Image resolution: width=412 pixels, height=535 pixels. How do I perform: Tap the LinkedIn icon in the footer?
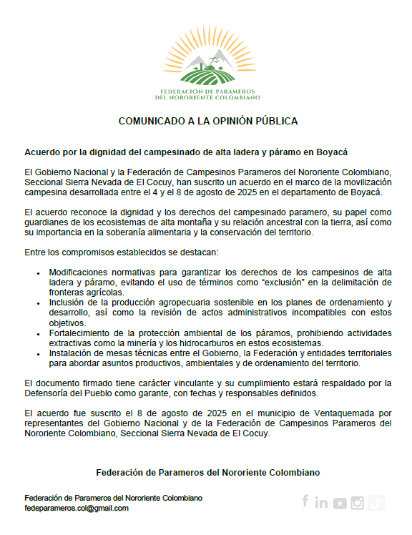coord(321,503)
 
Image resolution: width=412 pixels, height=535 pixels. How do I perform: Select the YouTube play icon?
coord(339,503)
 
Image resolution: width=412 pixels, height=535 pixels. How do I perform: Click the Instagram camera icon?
coord(358,503)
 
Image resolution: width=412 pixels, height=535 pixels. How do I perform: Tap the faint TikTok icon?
coord(376,503)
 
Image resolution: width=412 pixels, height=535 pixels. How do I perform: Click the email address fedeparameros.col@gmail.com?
coord(77,508)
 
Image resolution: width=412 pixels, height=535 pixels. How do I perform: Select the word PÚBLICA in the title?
coord(274,121)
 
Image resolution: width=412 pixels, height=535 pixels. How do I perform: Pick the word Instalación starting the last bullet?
coord(72,353)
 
